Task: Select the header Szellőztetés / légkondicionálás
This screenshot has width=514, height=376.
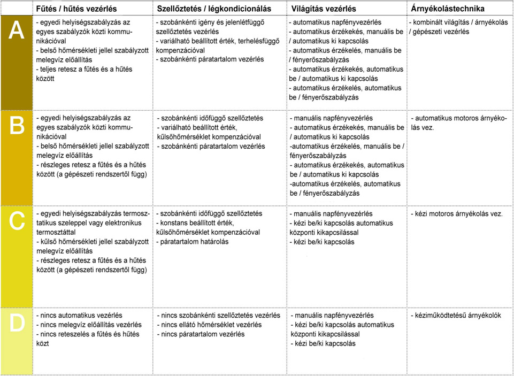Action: tap(214, 9)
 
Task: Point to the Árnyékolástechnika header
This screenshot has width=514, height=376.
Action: tap(448, 9)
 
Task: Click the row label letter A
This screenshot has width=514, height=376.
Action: tap(17, 31)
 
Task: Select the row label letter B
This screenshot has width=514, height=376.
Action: tap(17, 126)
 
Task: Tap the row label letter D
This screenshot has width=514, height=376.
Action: tap(17, 323)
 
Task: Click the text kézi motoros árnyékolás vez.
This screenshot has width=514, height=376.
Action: tap(457, 213)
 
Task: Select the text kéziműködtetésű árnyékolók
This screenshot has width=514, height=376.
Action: tap(456, 315)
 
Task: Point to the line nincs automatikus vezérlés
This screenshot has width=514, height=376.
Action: tap(79, 316)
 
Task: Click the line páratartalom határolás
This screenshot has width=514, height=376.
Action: tap(193, 242)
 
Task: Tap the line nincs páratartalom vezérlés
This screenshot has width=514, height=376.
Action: tap(201, 334)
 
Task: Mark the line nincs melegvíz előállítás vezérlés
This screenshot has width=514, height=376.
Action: tap(89, 325)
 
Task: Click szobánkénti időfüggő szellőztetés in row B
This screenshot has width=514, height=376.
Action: tap(210, 118)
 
